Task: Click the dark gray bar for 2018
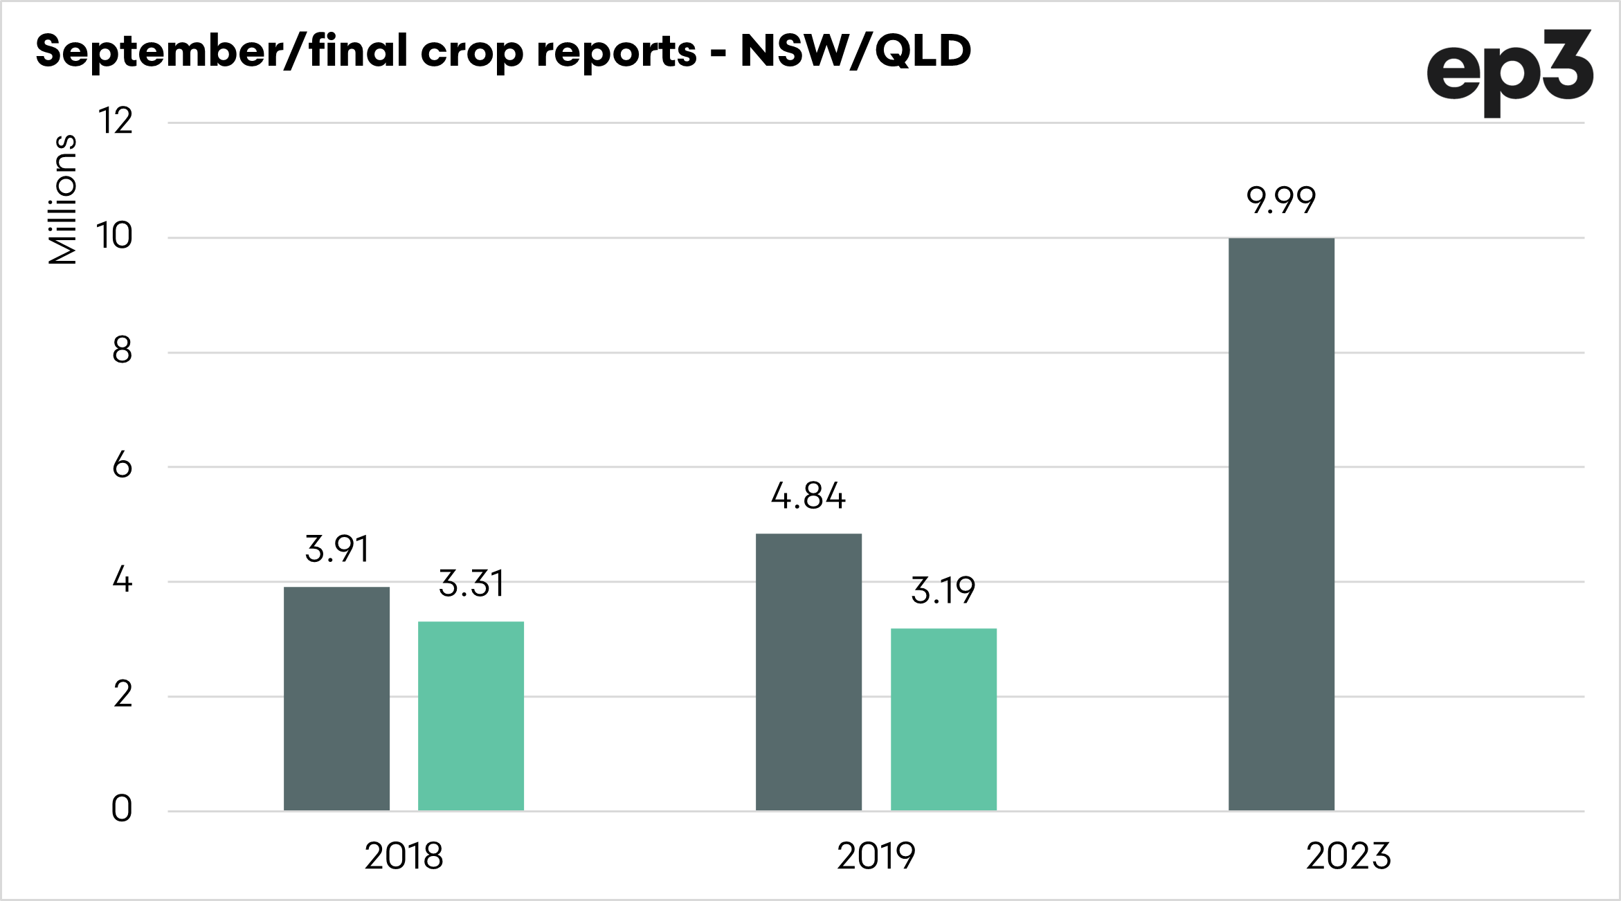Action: tap(336, 698)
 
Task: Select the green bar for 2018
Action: tap(471, 716)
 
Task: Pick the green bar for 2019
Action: tap(943, 719)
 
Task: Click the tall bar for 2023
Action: tap(1281, 524)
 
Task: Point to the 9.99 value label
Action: tap(1281, 201)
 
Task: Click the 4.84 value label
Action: tap(808, 496)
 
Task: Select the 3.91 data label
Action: tap(337, 549)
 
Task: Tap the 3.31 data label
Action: tap(471, 583)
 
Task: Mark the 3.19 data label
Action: tap(943, 590)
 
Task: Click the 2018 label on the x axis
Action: tap(404, 856)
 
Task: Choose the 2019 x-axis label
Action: tap(876, 856)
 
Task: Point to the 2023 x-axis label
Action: tap(1348, 856)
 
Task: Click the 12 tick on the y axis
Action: tap(116, 121)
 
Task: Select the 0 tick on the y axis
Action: tap(122, 808)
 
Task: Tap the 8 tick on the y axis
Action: tap(122, 351)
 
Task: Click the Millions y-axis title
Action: tap(62, 199)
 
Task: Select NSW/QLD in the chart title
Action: tap(856, 51)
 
